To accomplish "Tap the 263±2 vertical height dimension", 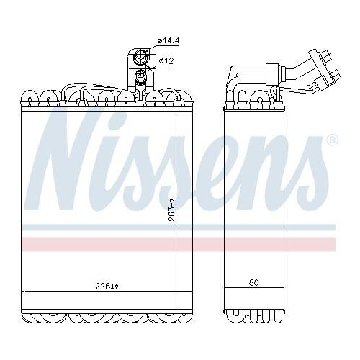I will pos(171,210).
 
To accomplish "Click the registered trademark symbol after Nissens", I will pos(332,140).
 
